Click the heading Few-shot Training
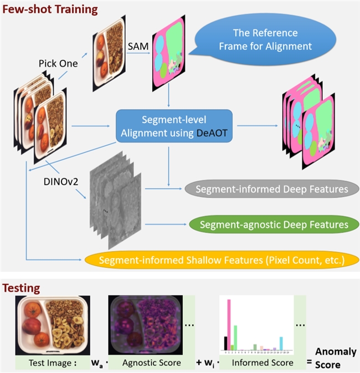pyautogui.click(x=50, y=9)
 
